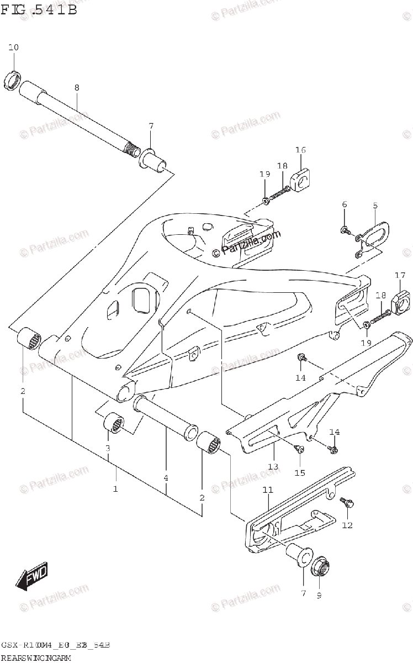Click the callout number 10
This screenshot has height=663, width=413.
coord(13,48)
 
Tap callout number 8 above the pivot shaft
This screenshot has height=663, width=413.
coord(77,87)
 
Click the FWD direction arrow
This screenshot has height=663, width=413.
coord(33,575)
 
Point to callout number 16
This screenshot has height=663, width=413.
coord(300,150)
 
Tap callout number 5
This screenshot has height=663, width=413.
coord(375,205)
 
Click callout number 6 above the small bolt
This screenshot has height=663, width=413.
coord(345,205)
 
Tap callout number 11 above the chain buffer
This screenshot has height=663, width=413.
coord(268,490)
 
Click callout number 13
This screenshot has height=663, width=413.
coord(273,467)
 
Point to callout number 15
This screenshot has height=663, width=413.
coord(299,473)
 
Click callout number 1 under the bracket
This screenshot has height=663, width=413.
coord(115,488)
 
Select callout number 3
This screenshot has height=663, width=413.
coord(108,448)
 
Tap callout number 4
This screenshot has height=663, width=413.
coord(166,477)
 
